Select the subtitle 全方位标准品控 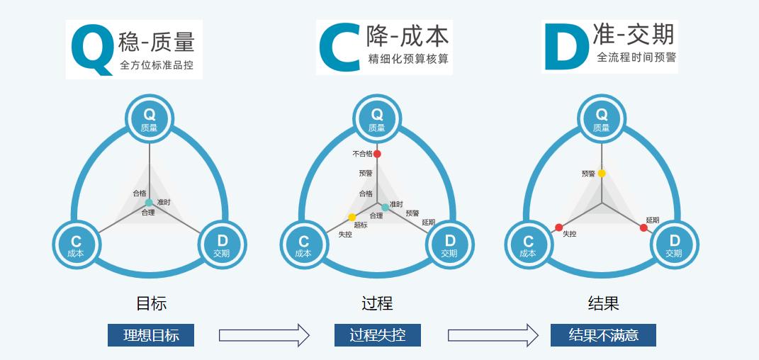157,67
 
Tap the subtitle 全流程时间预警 636,57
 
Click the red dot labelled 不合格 377,154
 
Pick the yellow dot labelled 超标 352,217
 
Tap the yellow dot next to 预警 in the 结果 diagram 602,174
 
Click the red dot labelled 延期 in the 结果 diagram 643,227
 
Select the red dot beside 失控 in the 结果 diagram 558,227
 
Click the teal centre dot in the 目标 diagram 149,203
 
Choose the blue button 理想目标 151,335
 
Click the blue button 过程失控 378,335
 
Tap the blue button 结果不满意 603,335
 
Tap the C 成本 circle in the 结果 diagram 528,245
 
